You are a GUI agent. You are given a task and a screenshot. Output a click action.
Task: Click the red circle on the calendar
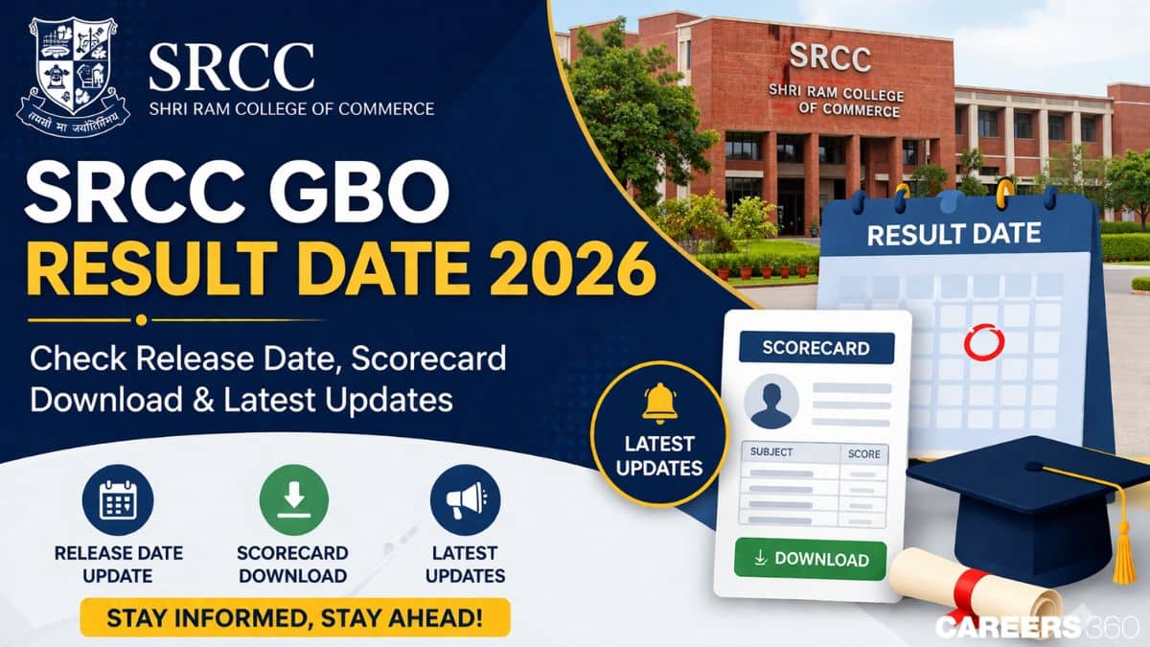point(981,341)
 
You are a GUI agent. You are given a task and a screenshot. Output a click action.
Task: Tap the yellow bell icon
point(659,403)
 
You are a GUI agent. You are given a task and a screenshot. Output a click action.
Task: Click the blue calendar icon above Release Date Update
point(118,500)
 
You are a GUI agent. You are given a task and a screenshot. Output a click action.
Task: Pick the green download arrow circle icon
point(293,500)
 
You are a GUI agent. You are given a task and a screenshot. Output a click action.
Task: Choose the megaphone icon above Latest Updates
point(465,500)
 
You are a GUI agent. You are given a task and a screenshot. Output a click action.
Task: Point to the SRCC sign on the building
point(830,57)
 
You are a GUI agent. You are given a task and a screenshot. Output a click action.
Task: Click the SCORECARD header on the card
point(816,348)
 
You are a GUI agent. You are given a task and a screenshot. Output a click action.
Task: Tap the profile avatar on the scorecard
point(772,401)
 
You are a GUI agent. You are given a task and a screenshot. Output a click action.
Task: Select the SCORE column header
point(863,453)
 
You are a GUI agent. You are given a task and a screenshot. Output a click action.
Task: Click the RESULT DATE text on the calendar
point(954,234)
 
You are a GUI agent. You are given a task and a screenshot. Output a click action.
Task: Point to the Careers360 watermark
point(1037,627)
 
